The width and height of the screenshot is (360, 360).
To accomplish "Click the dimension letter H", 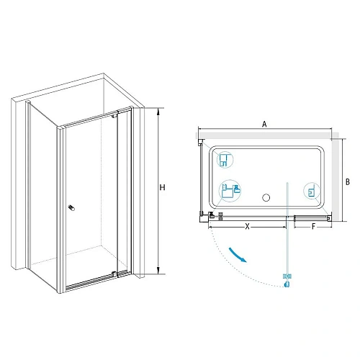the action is coord(163,187).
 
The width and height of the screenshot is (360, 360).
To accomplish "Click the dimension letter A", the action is coord(264,124).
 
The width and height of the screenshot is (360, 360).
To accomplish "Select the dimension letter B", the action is coord(347,182).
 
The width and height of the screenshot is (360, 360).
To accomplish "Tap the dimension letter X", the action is coord(247,226).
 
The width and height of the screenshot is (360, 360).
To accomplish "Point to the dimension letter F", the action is coord(313,226).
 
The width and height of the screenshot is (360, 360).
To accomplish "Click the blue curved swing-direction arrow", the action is coord(238,255).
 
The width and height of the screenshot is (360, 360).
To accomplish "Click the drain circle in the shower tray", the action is coord(266,198).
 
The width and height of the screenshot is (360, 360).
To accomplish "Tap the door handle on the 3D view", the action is coord(72,208).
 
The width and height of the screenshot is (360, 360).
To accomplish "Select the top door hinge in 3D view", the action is coord(114,115).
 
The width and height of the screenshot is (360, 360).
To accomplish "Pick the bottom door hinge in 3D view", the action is coord(114,274).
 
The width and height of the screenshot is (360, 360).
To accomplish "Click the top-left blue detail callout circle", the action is coord(225,160).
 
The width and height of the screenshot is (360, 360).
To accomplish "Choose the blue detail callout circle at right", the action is coord(312,191).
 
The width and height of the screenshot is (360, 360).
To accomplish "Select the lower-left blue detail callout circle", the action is coord(230,191).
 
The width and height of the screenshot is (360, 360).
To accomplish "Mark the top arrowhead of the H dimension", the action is coord(158,110).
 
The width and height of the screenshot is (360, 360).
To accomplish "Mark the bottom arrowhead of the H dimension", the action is coord(158,271).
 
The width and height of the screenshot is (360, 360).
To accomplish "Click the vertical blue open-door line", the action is coord(287,229).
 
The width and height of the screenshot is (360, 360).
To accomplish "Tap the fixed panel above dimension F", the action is coord(311,218).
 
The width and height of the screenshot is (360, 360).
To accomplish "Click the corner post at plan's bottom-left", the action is coord(204,218).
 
